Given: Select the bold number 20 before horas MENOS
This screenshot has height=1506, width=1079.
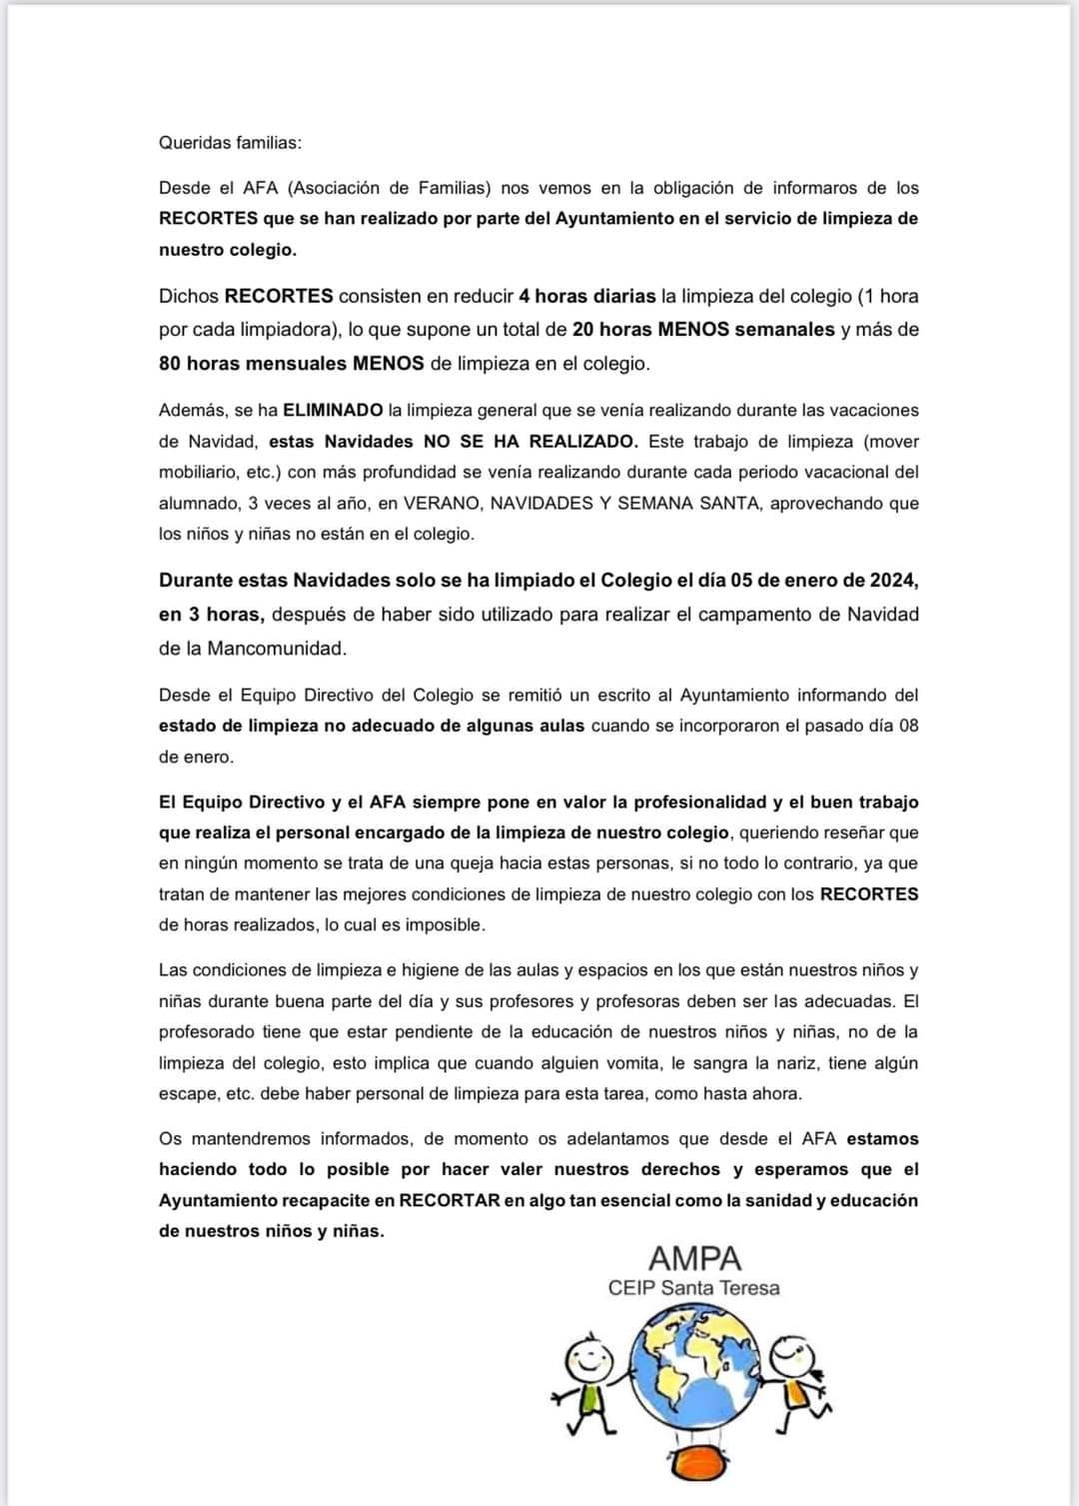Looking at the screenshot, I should (583, 330).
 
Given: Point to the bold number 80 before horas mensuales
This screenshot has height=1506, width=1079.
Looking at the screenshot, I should (170, 364).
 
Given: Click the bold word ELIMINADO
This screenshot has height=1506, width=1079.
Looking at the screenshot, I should (333, 411).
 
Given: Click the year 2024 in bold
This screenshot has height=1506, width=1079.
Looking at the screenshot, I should (893, 581).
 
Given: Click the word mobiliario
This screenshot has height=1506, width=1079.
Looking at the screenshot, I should (198, 473).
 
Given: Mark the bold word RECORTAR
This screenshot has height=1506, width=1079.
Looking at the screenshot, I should (450, 1201).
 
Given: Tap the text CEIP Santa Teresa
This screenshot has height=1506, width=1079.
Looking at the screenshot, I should (693, 1288).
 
